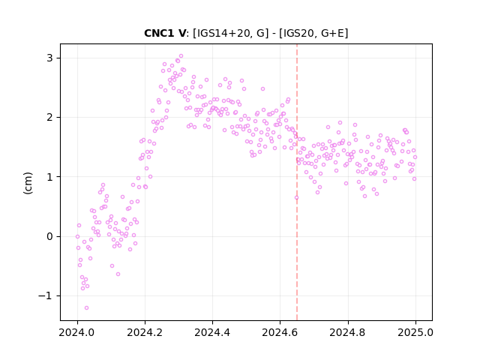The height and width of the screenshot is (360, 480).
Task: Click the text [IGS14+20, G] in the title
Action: pyautogui.click(x=230, y=33)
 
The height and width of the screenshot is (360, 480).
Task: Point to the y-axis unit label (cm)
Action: pyautogui.click(x=28, y=183)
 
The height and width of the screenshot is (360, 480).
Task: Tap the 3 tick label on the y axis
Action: pyautogui.click(x=50, y=58)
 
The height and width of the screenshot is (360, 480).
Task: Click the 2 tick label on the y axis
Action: pyautogui.click(x=50, y=117)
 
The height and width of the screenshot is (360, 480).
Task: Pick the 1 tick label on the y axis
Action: pyautogui.click(x=50, y=177)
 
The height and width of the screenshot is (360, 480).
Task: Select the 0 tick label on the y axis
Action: pyautogui.click(x=50, y=236)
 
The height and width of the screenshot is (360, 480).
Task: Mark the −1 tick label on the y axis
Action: pyautogui.click(x=45, y=295)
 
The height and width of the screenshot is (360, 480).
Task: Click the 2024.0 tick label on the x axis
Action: pyautogui.click(x=77, y=332)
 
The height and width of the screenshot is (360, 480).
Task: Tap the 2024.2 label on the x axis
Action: pyautogui.click(x=145, y=332)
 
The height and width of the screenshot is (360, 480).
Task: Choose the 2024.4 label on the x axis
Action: pyautogui.click(x=212, y=332)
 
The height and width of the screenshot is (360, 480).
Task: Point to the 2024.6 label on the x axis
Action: pyautogui.click(x=280, y=332)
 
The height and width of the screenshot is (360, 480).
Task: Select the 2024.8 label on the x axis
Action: pyautogui.click(x=348, y=332)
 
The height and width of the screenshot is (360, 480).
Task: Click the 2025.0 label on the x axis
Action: pyautogui.click(x=415, y=332)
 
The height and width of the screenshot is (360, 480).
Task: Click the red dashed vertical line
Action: pyautogui.click(x=297, y=182)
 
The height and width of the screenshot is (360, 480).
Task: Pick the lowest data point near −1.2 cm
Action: pyautogui.click(x=87, y=307)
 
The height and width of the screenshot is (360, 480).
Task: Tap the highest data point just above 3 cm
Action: pyautogui.click(x=181, y=55)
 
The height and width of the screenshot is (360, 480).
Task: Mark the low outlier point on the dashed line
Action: pyautogui.click(x=297, y=197)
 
